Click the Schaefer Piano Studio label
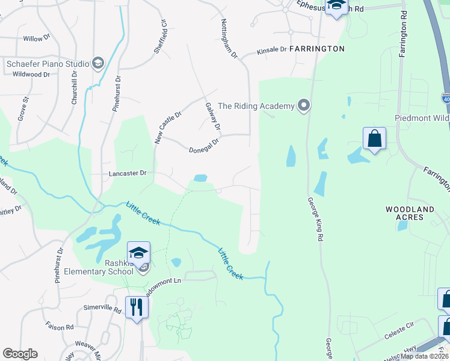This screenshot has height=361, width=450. (46, 63)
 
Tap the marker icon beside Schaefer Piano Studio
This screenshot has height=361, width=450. (97, 63)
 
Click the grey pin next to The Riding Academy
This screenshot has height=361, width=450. (304, 106)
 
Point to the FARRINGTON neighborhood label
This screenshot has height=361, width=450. (317, 49)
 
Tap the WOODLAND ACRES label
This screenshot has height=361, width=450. (410, 214)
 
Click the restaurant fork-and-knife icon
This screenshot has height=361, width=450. (137, 307)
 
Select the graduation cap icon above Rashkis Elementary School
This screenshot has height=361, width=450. (138, 253)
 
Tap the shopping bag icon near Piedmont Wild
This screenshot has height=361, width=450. (374, 138)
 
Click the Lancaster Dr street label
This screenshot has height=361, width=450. (128, 173)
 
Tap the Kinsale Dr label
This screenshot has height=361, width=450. (272, 50)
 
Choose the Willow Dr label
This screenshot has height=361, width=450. (37, 39)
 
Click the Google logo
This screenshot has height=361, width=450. (20, 354)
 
